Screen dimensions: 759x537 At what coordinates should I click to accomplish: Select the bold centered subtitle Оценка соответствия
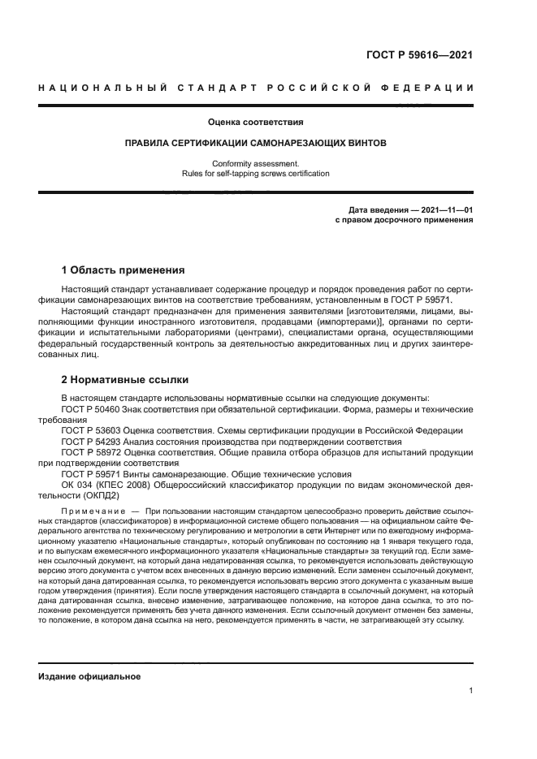pos(256,123)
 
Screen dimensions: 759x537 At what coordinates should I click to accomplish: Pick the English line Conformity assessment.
pos(256,163)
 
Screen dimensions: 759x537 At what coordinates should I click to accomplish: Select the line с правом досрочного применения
pos(404,220)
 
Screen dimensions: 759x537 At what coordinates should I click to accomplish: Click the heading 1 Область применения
pos(123,270)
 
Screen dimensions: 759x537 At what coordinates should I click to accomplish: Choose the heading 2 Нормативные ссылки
pos(124,379)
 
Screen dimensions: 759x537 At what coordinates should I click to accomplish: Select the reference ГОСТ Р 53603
pos(90,429)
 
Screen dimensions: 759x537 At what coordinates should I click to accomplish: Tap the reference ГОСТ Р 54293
pos(90,440)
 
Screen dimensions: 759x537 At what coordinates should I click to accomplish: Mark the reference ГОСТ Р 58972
pos(90,451)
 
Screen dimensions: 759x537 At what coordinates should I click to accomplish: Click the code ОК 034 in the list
pos(78,483)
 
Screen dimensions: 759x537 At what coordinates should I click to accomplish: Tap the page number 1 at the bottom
pos(471,691)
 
